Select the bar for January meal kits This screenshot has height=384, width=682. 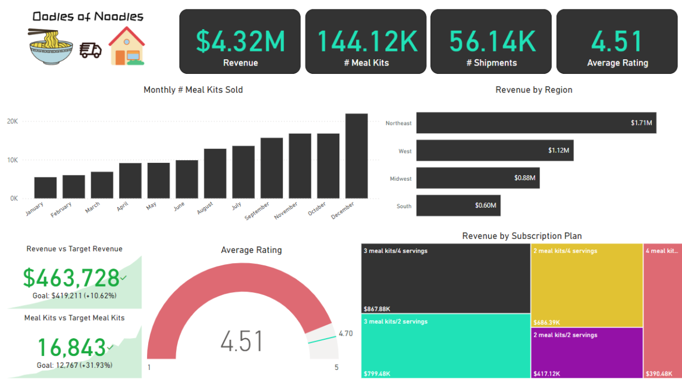(x=45, y=188)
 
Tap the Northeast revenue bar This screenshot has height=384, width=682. (x=536, y=123)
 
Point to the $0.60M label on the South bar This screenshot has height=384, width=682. (x=485, y=205)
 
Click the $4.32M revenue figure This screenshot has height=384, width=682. (x=240, y=41)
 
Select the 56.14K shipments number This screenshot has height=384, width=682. (x=491, y=41)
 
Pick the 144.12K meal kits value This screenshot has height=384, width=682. (x=366, y=41)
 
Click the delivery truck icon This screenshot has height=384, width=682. (x=91, y=50)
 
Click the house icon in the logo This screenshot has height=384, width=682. (x=126, y=46)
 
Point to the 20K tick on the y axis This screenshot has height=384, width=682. (x=12, y=121)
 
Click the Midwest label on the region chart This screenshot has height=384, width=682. (x=400, y=179)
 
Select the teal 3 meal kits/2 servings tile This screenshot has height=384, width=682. (x=446, y=345)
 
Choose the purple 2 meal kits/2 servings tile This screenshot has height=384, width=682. (x=586, y=353)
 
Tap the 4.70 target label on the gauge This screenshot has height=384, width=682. (x=345, y=334)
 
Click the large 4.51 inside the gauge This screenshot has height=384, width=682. (x=242, y=341)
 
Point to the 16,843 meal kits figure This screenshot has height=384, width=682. (x=71, y=348)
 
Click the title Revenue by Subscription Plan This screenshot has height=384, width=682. (x=522, y=236)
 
